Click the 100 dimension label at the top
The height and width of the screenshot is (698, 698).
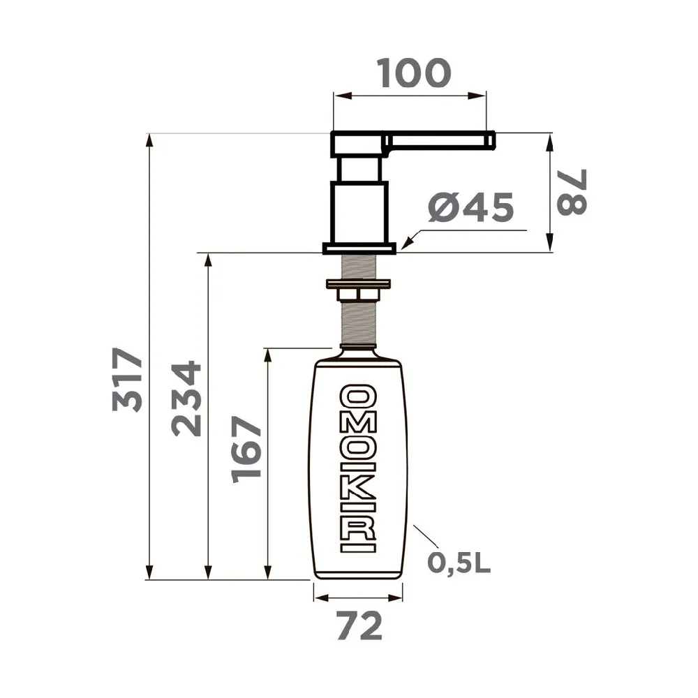[x=413, y=73]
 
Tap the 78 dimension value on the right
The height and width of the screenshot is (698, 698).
[x=572, y=193]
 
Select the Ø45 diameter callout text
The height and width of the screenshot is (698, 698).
[x=471, y=207]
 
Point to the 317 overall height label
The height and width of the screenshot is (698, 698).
[x=127, y=379]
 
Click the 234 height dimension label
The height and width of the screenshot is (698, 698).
[x=186, y=399]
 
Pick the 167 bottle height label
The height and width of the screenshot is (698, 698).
[x=246, y=450]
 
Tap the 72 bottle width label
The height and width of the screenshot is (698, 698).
[x=359, y=625]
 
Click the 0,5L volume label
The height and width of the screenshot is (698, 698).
[x=459, y=563]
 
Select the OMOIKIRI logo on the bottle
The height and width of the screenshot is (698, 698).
[x=358, y=468]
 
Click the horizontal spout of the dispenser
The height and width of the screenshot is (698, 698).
[x=439, y=140]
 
